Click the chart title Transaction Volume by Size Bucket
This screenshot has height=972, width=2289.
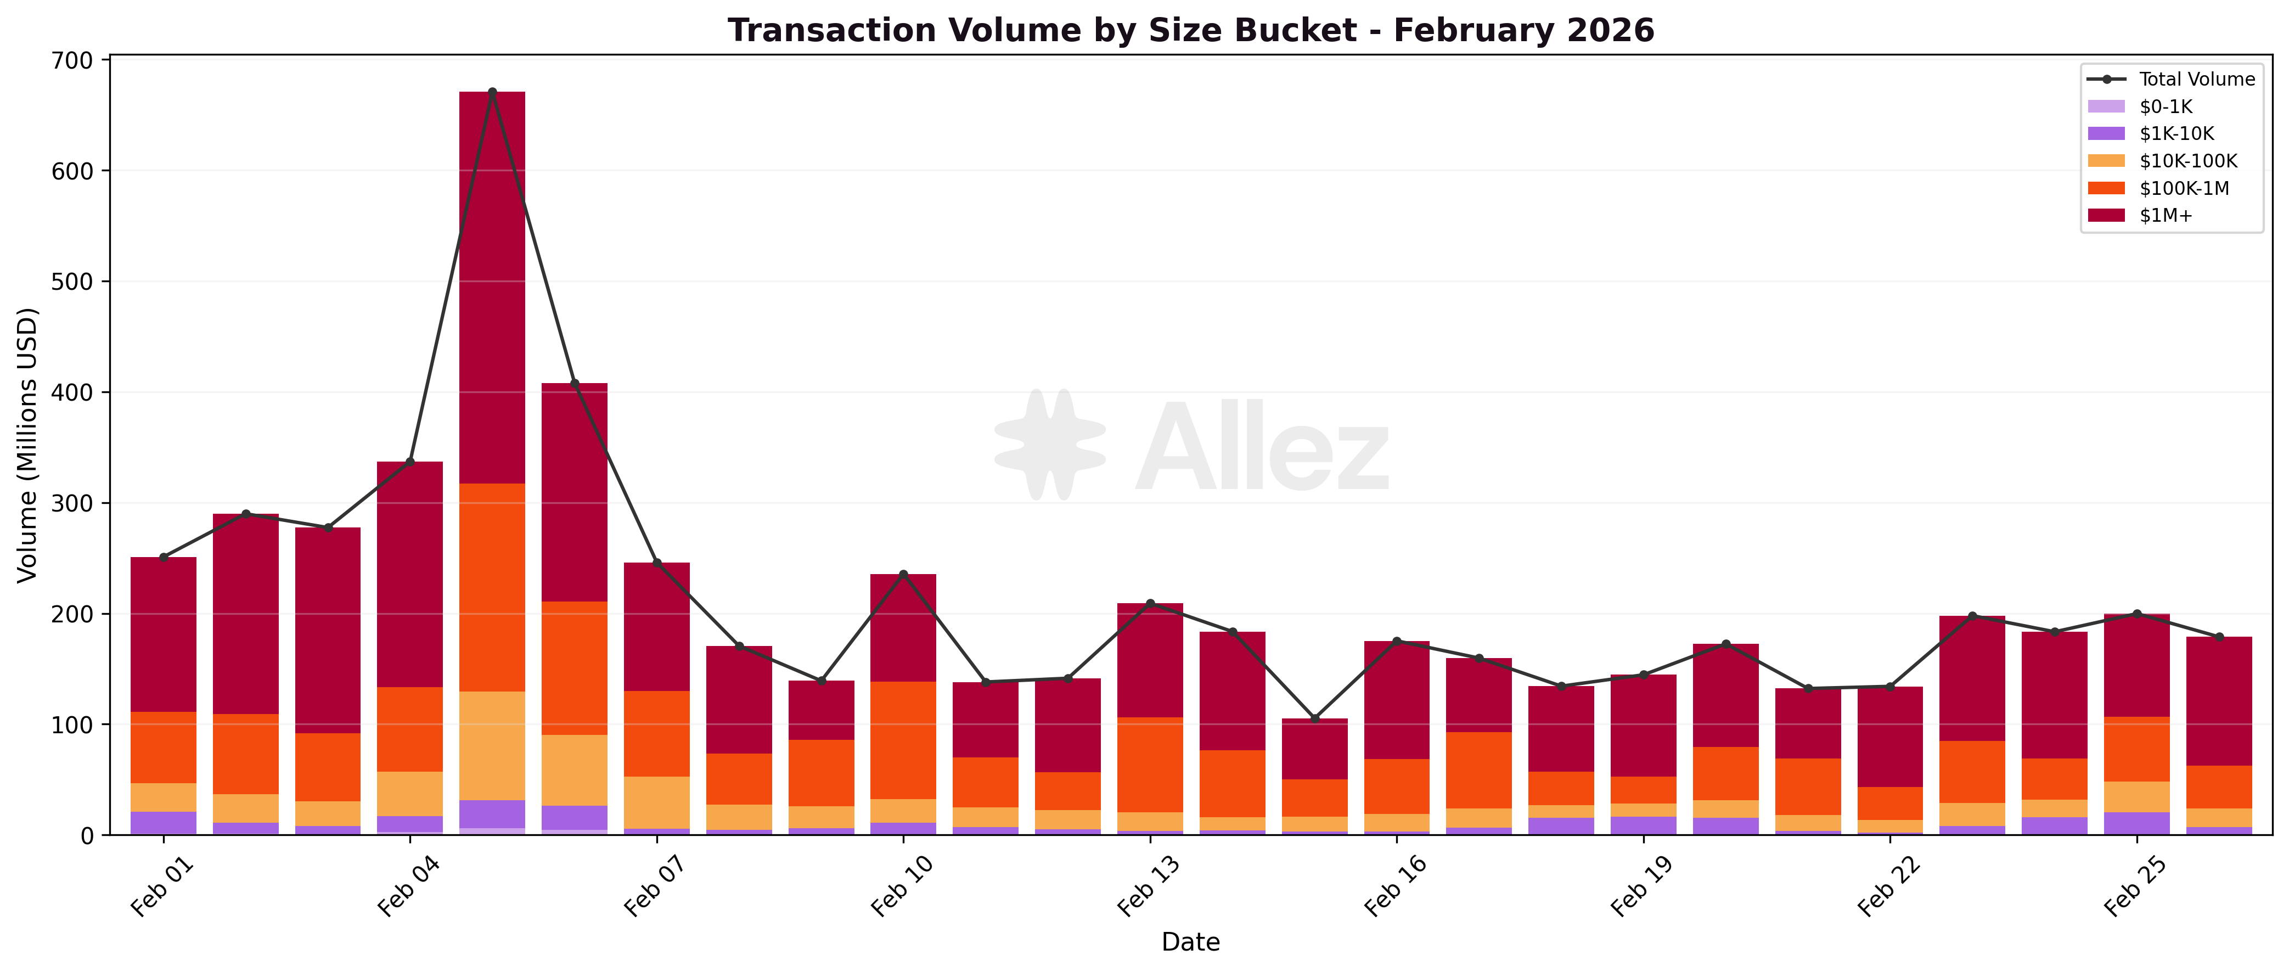(x=1191, y=30)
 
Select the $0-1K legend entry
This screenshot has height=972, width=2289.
(x=2166, y=106)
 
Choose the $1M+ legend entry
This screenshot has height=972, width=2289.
(x=2166, y=216)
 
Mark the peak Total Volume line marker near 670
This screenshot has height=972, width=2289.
(x=492, y=92)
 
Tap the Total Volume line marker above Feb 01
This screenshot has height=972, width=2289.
(x=164, y=557)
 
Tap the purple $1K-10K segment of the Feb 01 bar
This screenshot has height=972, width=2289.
(x=164, y=823)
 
